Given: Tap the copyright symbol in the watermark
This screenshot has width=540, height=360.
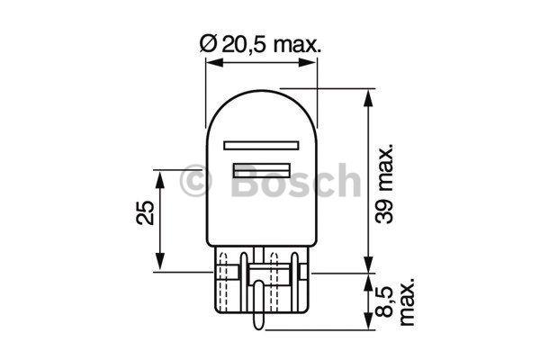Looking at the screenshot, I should pyautogui.click(x=196, y=184).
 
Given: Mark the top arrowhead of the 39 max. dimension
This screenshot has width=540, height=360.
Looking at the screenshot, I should pyautogui.click(x=368, y=95).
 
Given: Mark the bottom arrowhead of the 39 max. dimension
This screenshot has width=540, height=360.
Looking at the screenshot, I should pyautogui.click(x=368, y=265).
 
